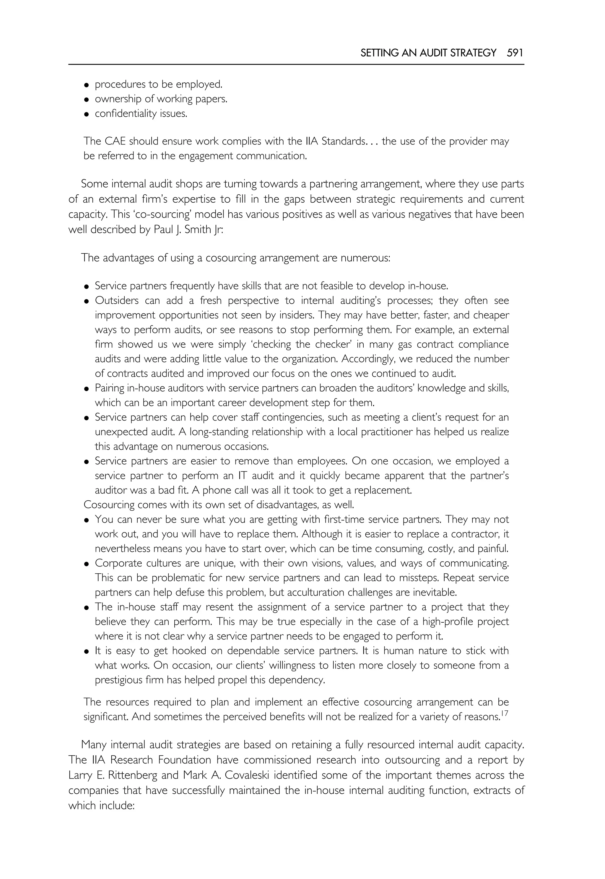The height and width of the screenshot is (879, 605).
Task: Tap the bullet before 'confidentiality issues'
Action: coord(87,114)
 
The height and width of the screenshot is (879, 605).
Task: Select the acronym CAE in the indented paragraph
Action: coord(115,141)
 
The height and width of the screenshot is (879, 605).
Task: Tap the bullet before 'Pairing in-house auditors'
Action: coord(87,389)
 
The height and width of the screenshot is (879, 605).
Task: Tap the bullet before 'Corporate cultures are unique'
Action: coord(87,564)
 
